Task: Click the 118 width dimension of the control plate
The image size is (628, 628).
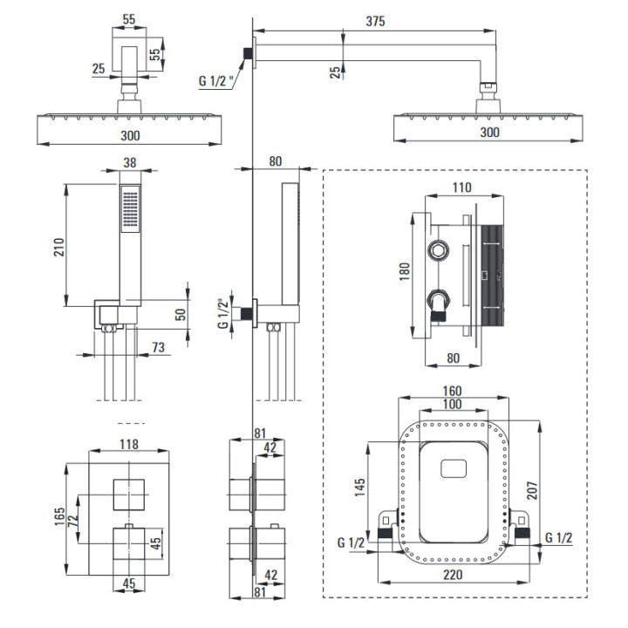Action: click(x=128, y=444)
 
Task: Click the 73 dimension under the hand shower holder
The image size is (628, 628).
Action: click(x=158, y=347)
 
